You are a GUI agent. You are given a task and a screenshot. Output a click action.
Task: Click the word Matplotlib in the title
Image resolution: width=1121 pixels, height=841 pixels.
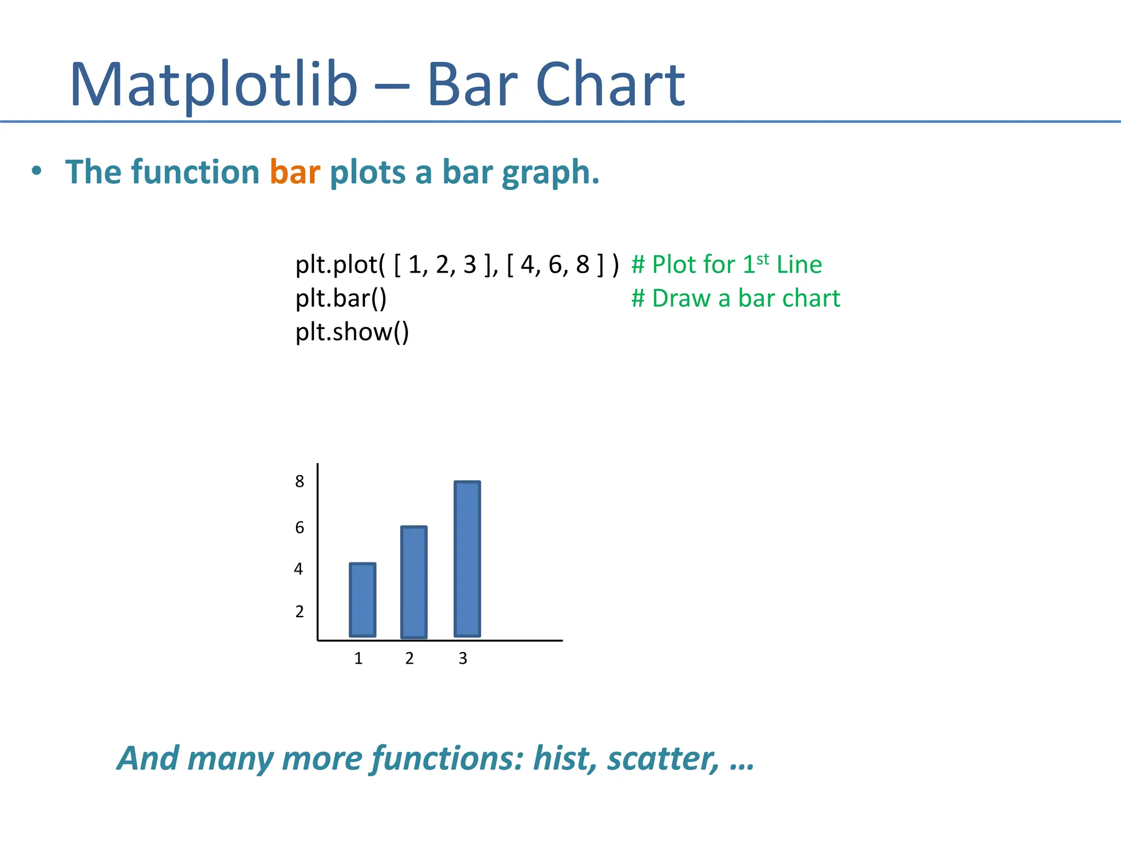(213, 85)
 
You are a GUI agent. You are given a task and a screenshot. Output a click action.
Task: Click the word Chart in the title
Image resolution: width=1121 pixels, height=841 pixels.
(610, 85)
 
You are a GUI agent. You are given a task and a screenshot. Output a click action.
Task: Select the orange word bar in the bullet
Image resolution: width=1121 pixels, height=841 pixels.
(294, 172)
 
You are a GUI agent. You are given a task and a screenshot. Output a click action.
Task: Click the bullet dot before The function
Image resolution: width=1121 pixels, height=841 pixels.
(36, 171)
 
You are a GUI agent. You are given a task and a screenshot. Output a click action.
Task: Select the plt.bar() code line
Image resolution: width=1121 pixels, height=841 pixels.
(340, 298)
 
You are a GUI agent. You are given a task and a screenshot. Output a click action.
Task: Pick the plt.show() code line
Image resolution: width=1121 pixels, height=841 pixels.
(352, 332)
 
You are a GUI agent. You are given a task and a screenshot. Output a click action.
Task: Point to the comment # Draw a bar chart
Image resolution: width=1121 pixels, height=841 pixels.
(735, 298)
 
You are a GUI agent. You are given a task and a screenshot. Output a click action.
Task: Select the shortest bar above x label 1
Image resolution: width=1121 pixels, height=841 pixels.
(362, 600)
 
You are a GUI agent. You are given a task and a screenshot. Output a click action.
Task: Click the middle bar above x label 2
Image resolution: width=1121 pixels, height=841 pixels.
(414, 582)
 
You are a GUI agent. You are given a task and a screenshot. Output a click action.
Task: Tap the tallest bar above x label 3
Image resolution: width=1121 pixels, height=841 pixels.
(467, 558)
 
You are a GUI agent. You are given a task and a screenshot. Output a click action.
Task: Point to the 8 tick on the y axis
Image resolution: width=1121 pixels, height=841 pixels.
(299, 481)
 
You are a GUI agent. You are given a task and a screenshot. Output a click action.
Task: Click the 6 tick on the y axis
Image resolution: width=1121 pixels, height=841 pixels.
(299, 527)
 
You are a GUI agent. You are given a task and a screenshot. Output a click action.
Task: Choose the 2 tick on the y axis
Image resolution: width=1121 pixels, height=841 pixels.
(299, 611)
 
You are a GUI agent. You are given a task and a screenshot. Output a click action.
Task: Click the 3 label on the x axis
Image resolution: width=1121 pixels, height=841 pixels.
(463, 658)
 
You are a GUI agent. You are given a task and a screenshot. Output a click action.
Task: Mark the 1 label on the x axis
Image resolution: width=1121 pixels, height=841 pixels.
(359, 658)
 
